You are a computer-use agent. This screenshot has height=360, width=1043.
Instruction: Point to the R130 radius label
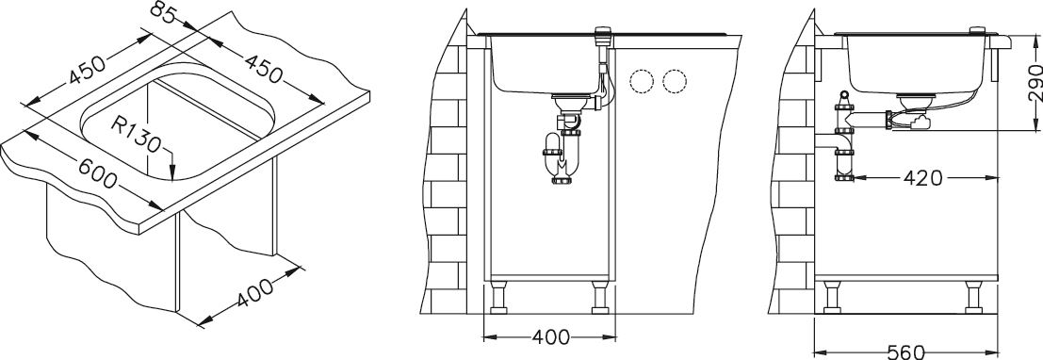(x=136, y=134)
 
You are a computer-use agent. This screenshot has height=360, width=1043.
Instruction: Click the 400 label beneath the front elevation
(x=551, y=337)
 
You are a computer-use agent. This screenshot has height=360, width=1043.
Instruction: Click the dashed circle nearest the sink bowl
(x=643, y=81)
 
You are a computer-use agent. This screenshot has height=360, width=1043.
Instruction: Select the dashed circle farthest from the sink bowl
(x=675, y=81)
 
